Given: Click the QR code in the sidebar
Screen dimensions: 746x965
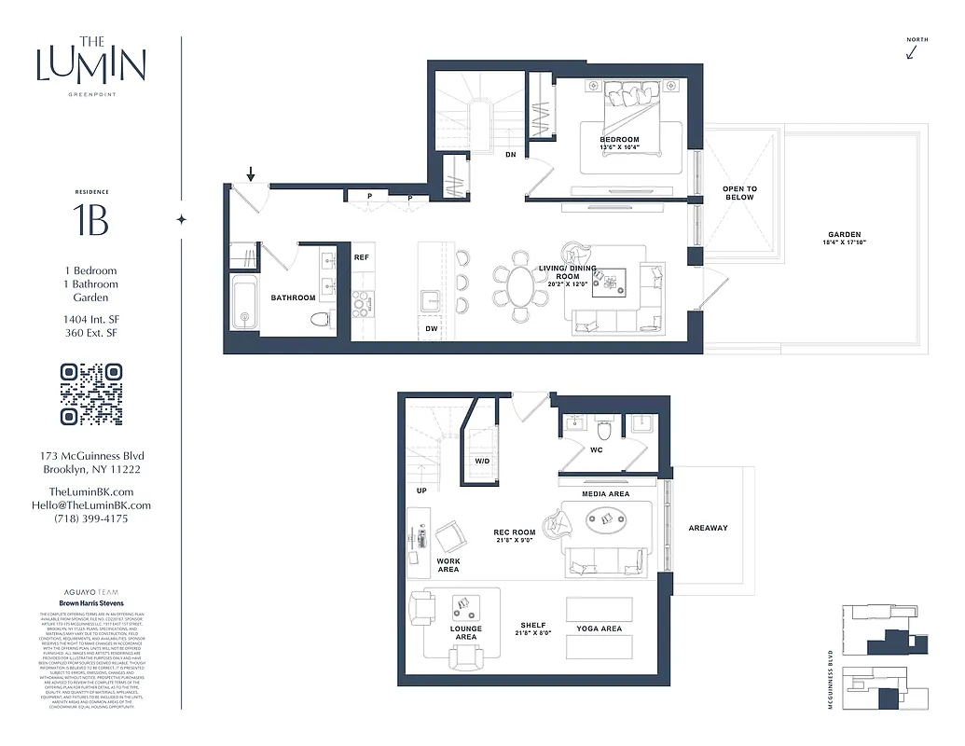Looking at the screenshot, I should (90, 394).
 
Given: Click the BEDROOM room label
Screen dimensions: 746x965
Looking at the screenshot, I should (619, 140).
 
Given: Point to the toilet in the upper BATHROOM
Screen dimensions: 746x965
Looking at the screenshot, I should (320, 319).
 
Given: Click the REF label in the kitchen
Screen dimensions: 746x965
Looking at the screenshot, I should (362, 256).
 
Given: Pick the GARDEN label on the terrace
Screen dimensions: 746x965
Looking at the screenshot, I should (844, 235).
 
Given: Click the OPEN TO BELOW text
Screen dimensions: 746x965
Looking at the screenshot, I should (739, 193).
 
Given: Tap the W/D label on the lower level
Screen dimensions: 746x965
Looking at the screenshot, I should (482, 461).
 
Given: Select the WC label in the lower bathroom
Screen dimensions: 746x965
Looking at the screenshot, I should (596, 449).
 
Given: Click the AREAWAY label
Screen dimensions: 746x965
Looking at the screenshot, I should (708, 528).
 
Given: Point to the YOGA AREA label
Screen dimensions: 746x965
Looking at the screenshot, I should (599, 629).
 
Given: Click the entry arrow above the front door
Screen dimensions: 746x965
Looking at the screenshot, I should (250, 174).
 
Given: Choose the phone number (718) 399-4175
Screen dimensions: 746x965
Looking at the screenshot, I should (90, 518).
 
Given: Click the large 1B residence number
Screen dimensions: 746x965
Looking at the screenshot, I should (90, 220).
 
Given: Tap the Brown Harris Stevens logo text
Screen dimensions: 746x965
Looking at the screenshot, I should (90, 604).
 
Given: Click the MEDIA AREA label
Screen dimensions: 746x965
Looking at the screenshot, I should (605, 494).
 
